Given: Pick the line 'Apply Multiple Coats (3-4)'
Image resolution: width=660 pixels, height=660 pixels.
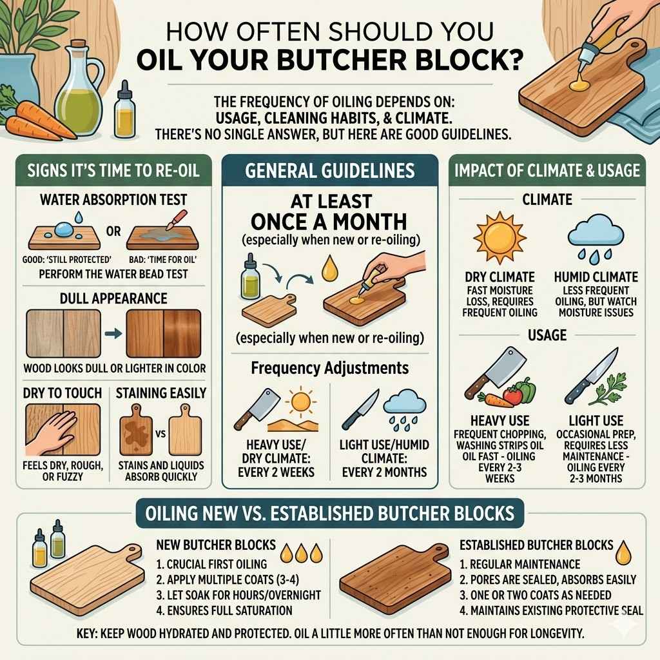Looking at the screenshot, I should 223,578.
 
